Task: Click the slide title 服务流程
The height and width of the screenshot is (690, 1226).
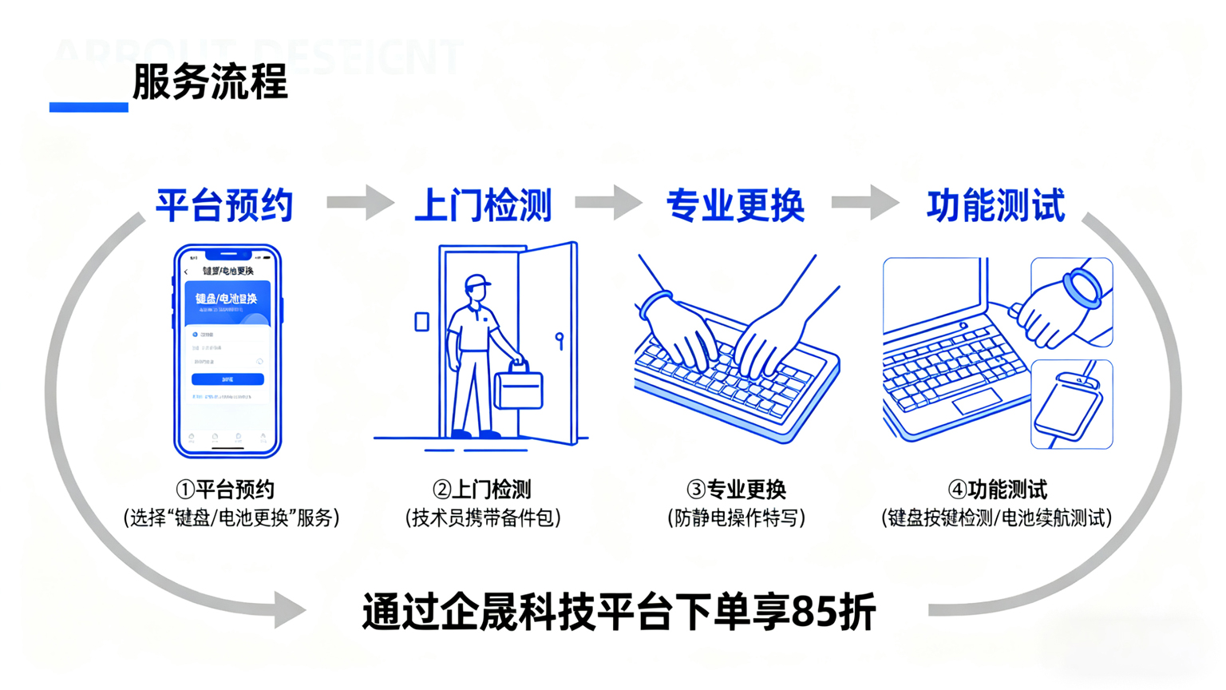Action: (x=209, y=82)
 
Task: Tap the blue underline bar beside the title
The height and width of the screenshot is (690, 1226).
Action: (x=89, y=107)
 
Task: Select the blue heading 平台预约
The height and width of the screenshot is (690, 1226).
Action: (x=224, y=205)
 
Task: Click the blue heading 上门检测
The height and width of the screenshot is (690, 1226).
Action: (x=483, y=205)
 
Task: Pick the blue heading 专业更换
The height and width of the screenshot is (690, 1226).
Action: (x=735, y=205)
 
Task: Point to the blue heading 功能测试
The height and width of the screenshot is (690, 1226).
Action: (x=995, y=205)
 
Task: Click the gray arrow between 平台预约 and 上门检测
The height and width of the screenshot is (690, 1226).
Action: (x=360, y=202)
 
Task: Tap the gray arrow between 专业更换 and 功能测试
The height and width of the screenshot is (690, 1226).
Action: (x=865, y=202)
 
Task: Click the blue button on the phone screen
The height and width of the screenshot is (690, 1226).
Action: (x=227, y=379)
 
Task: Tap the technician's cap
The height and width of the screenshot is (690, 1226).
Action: (x=477, y=282)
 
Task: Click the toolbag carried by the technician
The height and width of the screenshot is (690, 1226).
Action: (x=519, y=388)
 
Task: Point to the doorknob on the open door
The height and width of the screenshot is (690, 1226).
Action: (x=560, y=339)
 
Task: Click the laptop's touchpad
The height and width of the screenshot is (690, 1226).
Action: (x=975, y=401)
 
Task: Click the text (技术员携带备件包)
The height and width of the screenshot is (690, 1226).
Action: (x=483, y=517)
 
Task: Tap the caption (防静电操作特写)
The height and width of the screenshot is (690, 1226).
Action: (x=735, y=517)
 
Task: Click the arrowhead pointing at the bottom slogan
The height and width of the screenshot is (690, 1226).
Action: (x=289, y=610)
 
